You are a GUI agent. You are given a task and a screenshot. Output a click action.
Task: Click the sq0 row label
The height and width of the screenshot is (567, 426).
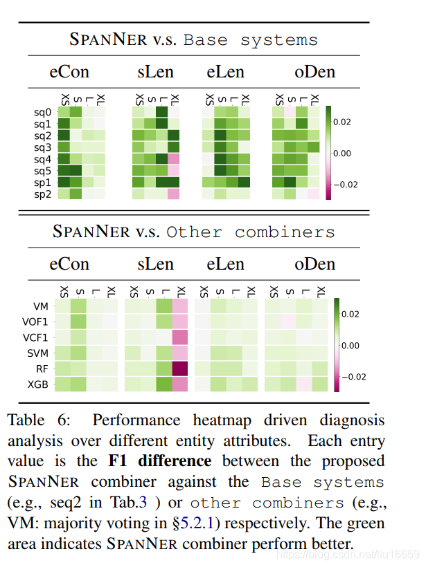pyautogui.click(x=42, y=111)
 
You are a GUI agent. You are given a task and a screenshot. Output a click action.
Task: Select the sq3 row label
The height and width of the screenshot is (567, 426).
pyautogui.click(x=42, y=147)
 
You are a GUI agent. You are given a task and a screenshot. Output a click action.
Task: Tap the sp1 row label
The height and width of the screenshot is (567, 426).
pyautogui.click(x=42, y=183)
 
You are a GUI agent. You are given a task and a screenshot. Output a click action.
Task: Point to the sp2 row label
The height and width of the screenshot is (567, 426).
pyautogui.click(x=42, y=194)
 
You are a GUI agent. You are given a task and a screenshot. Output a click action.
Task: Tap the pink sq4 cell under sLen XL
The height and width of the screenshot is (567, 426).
pyautogui.click(x=173, y=159)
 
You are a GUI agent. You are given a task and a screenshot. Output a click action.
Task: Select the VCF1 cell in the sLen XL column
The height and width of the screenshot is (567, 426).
pyautogui.click(x=180, y=337)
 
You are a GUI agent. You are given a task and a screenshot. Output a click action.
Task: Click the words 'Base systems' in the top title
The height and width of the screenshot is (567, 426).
pyautogui.click(x=250, y=39)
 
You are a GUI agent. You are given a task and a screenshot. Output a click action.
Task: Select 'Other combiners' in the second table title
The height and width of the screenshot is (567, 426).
pyautogui.click(x=250, y=232)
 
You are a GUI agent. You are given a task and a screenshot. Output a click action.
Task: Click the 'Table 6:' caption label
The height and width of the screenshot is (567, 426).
pyautogui.click(x=35, y=420)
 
